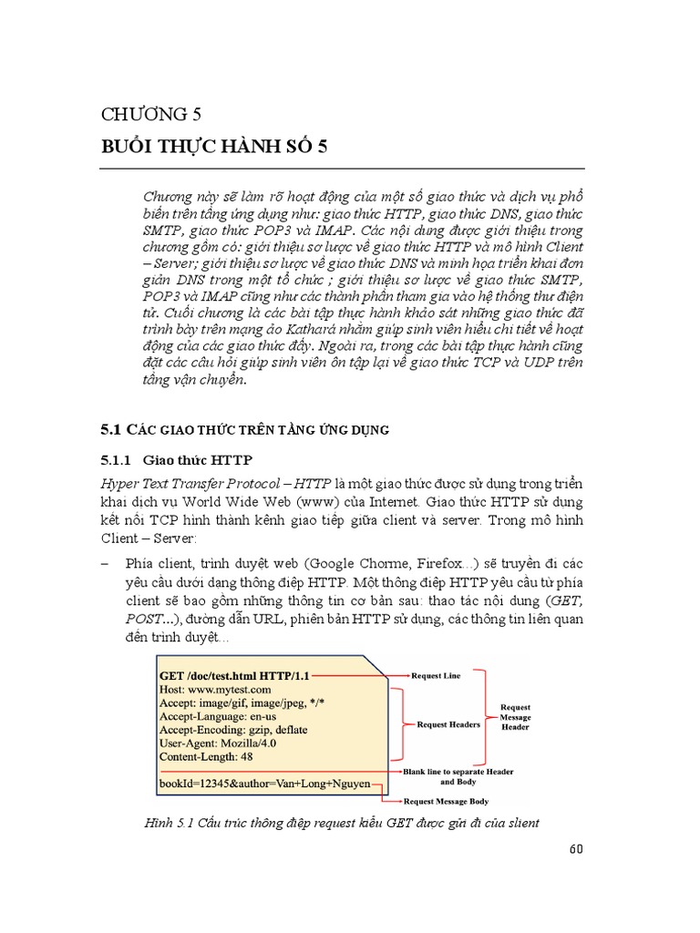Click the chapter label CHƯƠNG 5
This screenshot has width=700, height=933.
(x=150, y=114)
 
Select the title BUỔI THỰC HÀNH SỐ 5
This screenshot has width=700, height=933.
(x=212, y=148)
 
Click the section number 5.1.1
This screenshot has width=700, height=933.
(x=117, y=460)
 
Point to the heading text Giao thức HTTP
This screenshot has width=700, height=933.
(x=199, y=460)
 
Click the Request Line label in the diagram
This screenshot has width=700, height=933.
(x=437, y=676)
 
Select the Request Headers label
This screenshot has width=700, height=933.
(x=448, y=724)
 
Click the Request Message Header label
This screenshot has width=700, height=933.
(x=516, y=717)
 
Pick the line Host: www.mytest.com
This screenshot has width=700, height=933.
(x=215, y=691)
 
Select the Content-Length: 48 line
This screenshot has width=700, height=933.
(x=206, y=756)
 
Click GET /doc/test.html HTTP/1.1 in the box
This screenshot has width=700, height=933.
(x=235, y=676)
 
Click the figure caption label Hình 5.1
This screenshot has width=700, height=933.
(x=166, y=824)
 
